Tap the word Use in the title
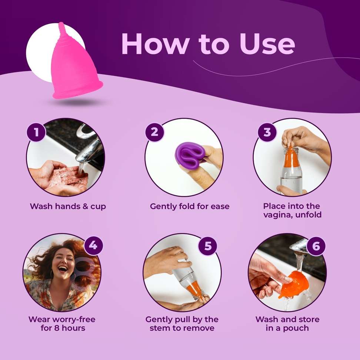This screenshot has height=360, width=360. tap(267, 44)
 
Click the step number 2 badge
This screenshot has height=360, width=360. tap(154, 132)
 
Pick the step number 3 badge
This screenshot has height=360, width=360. tap(267, 132)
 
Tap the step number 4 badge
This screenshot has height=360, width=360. tap(93, 246)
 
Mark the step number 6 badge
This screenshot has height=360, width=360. tap(316, 246)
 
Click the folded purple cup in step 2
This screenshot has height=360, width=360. tap(189, 156)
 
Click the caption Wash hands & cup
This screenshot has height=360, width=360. tap(68, 206)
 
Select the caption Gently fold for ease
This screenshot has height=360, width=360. tap(190, 206)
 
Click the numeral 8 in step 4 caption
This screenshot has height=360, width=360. tap(57, 328)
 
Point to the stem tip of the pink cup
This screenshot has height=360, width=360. tap(61, 23)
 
